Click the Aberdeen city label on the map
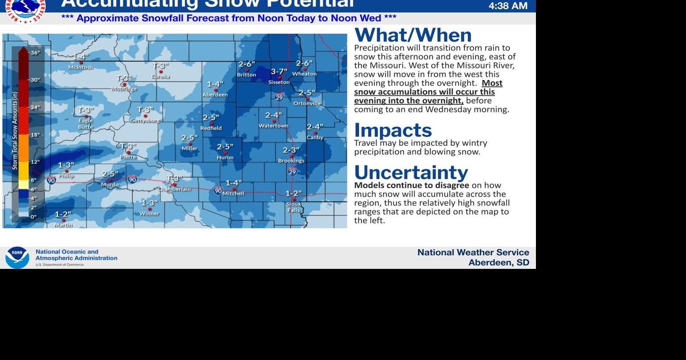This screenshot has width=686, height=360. tap(215, 95)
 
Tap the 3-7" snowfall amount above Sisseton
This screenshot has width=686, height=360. tap(279, 71)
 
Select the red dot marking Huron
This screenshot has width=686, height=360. tap(225, 152)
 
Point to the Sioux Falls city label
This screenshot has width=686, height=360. tap(293, 207)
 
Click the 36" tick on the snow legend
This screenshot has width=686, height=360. tap(35, 53)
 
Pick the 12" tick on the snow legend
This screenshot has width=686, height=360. tap(35, 162)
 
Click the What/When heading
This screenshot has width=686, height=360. tap(413, 35)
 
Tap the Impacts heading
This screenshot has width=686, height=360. tap(393, 130)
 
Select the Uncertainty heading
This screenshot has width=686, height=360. tap(411, 172)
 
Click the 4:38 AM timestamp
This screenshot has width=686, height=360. tap(508, 6)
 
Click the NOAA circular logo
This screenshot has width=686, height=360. tap(17, 257)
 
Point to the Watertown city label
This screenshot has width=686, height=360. tap(273, 126)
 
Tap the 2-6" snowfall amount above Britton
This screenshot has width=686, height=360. tap(247, 64)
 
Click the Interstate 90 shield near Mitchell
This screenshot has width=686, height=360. tap(218, 191)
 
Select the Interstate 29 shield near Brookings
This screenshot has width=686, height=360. tap(292, 172)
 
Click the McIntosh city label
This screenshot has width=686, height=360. tap(80, 67)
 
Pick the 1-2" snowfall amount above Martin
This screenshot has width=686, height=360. tap(63, 214)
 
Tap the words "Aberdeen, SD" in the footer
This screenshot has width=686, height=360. tap(498, 263)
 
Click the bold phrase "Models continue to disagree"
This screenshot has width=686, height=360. tap(411, 185)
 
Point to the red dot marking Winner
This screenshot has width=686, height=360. tap(150, 209)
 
